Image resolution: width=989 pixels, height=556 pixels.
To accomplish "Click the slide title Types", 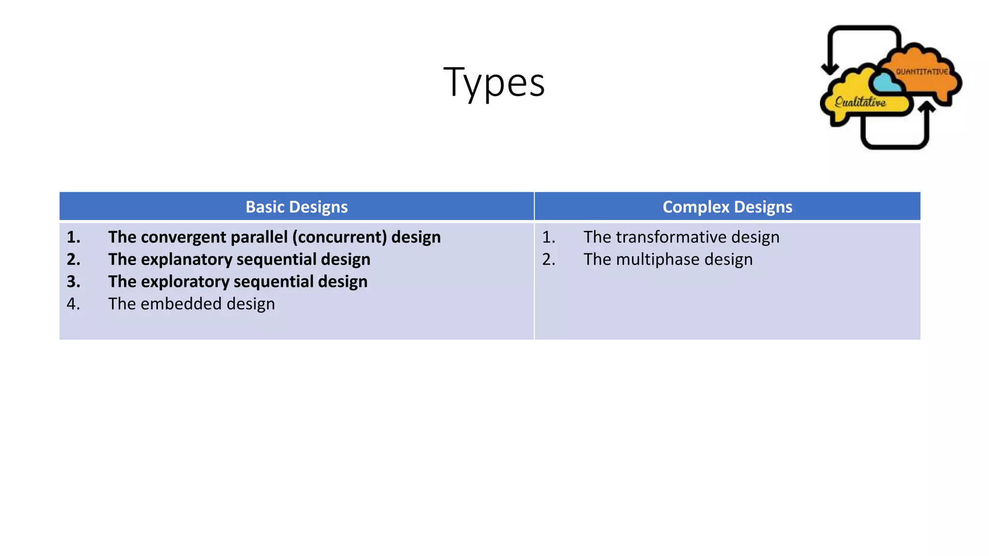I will tap(494, 83).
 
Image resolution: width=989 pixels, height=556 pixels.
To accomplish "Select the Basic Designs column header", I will tap(297, 207).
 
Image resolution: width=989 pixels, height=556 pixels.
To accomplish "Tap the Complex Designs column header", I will tap(727, 207).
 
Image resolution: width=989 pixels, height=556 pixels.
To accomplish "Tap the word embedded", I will tap(176, 304).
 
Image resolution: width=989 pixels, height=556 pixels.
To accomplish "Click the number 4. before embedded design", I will tap(73, 304).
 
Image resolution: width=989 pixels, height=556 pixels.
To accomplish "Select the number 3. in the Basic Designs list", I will tap(73, 281).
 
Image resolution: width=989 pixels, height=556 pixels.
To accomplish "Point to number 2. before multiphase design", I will tap(549, 259).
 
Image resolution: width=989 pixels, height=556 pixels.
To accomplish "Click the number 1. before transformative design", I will tap(549, 237).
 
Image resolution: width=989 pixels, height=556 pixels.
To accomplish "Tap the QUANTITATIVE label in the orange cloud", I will tap(922, 72).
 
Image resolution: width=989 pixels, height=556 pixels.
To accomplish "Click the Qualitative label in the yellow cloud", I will tap(861, 102).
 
